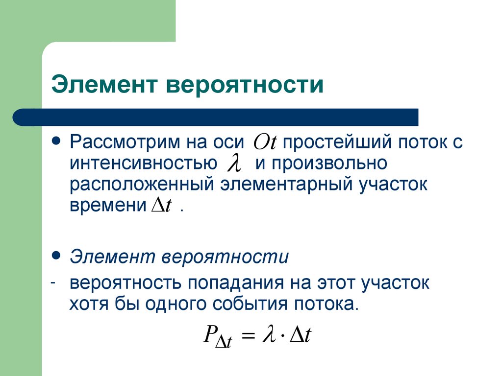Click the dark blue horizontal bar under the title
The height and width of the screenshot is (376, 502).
(x=216, y=117)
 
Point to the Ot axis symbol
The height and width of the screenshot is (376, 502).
(x=265, y=142)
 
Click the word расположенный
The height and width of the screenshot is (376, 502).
(x=140, y=185)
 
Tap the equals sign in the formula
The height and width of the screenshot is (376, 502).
(x=249, y=337)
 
